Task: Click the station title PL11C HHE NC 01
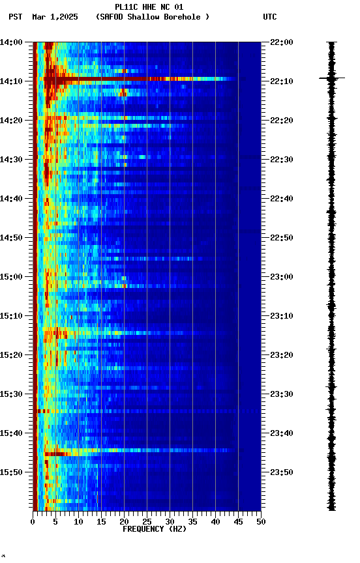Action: click(149, 7)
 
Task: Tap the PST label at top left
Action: click(16, 17)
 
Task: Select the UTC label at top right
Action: click(270, 17)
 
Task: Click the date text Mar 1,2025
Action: click(55, 17)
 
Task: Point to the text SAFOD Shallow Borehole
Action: click(152, 17)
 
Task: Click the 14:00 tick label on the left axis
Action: click(11, 42)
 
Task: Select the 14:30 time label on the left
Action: click(11, 160)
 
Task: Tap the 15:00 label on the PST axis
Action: click(11, 277)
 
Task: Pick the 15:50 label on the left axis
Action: click(11, 472)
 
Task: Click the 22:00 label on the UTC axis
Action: click(282, 42)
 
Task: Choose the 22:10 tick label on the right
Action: click(282, 81)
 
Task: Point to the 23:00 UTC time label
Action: click(282, 277)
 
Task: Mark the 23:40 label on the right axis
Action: click(282, 433)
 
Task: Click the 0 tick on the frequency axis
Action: click(33, 521)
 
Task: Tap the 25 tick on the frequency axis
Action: click(147, 521)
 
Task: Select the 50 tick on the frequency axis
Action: click(261, 521)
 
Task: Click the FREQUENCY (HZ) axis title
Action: click(154, 529)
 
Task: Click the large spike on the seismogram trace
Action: click(332, 78)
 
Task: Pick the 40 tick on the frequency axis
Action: click(215, 521)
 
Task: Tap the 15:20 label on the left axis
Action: click(11, 355)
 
